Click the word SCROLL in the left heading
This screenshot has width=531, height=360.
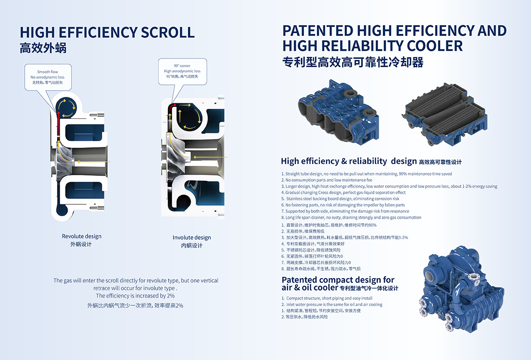(x=168, y=32)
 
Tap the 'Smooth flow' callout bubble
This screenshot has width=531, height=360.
(x=48, y=77)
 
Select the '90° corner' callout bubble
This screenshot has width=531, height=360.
(x=182, y=71)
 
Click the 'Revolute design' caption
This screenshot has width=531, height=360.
(x=81, y=236)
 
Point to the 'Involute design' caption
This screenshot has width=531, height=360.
(x=192, y=237)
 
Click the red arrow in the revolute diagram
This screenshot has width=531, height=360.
(x=58, y=123)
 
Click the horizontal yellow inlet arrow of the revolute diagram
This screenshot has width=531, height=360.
(x=93, y=162)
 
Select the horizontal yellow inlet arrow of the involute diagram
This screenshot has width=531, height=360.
(x=210, y=157)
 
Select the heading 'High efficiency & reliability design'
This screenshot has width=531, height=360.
(x=349, y=161)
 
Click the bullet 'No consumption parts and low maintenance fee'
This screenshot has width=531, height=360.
(x=327, y=180)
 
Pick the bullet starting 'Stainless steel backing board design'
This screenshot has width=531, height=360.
(x=340, y=199)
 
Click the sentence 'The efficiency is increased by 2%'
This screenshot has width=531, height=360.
(x=135, y=296)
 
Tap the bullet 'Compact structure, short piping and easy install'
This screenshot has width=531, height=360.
(x=327, y=298)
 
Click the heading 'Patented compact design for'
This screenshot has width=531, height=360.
(x=338, y=280)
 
